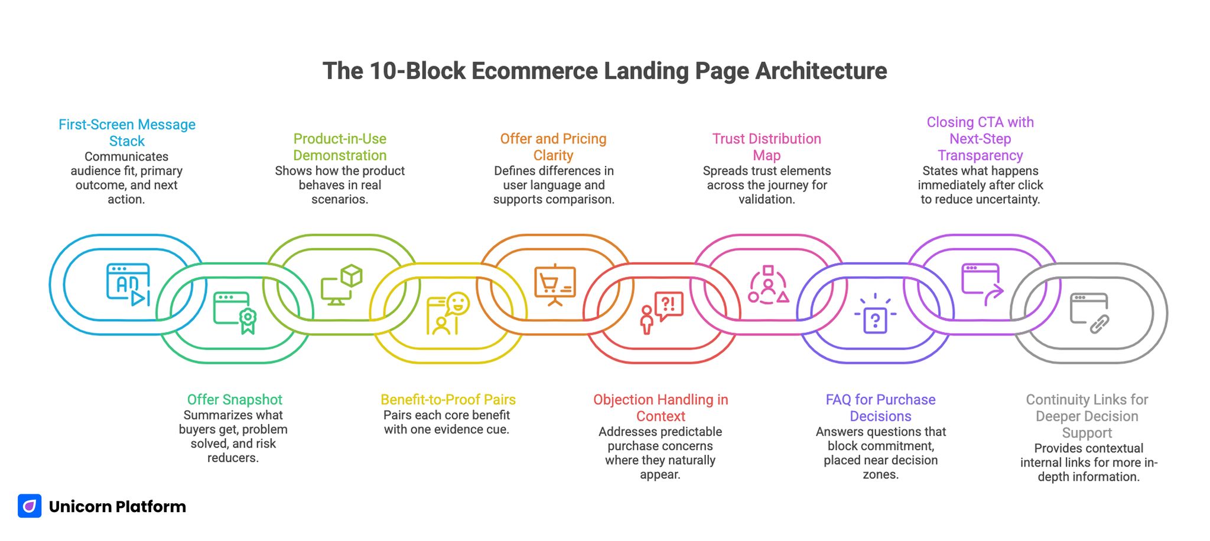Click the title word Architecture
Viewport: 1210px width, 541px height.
pyautogui.click(x=821, y=71)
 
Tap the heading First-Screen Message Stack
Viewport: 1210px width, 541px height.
pyautogui.click(x=127, y=133)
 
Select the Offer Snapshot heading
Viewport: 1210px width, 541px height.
pyautogui.click(x=235, y=400)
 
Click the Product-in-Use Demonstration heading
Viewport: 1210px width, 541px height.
pyautogui.click(x=340, y=147)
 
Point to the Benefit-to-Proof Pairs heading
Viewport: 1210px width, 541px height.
pyautogui.click(x=448, y=400)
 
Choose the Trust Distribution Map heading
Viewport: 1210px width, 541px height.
pyautogui.click(x=766, y=147)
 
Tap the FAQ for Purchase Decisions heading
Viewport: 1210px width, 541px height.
pyautogui.click(x=880, y=408)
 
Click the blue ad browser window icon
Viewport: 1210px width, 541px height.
pyautogui.click(x=128, y=285)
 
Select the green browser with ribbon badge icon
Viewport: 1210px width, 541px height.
pyautogui.click(x=235, y=312)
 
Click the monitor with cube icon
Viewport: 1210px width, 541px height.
pyautogui.click(x=341, y=285)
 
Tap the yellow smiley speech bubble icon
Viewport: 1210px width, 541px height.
pyautogui.click(x=448, y=313)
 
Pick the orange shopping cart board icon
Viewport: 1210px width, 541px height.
pyautogui.click(x=555, y=285)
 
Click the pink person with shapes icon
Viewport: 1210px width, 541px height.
pyautogui.click(x=768, y=285)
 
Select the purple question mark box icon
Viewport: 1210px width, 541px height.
pyautogui.click(x=875, y=314)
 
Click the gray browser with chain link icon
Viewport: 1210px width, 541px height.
pyautogui.click(x=1089, y=314)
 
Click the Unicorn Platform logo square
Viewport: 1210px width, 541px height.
pyautogui.click(x=30, y=506)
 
